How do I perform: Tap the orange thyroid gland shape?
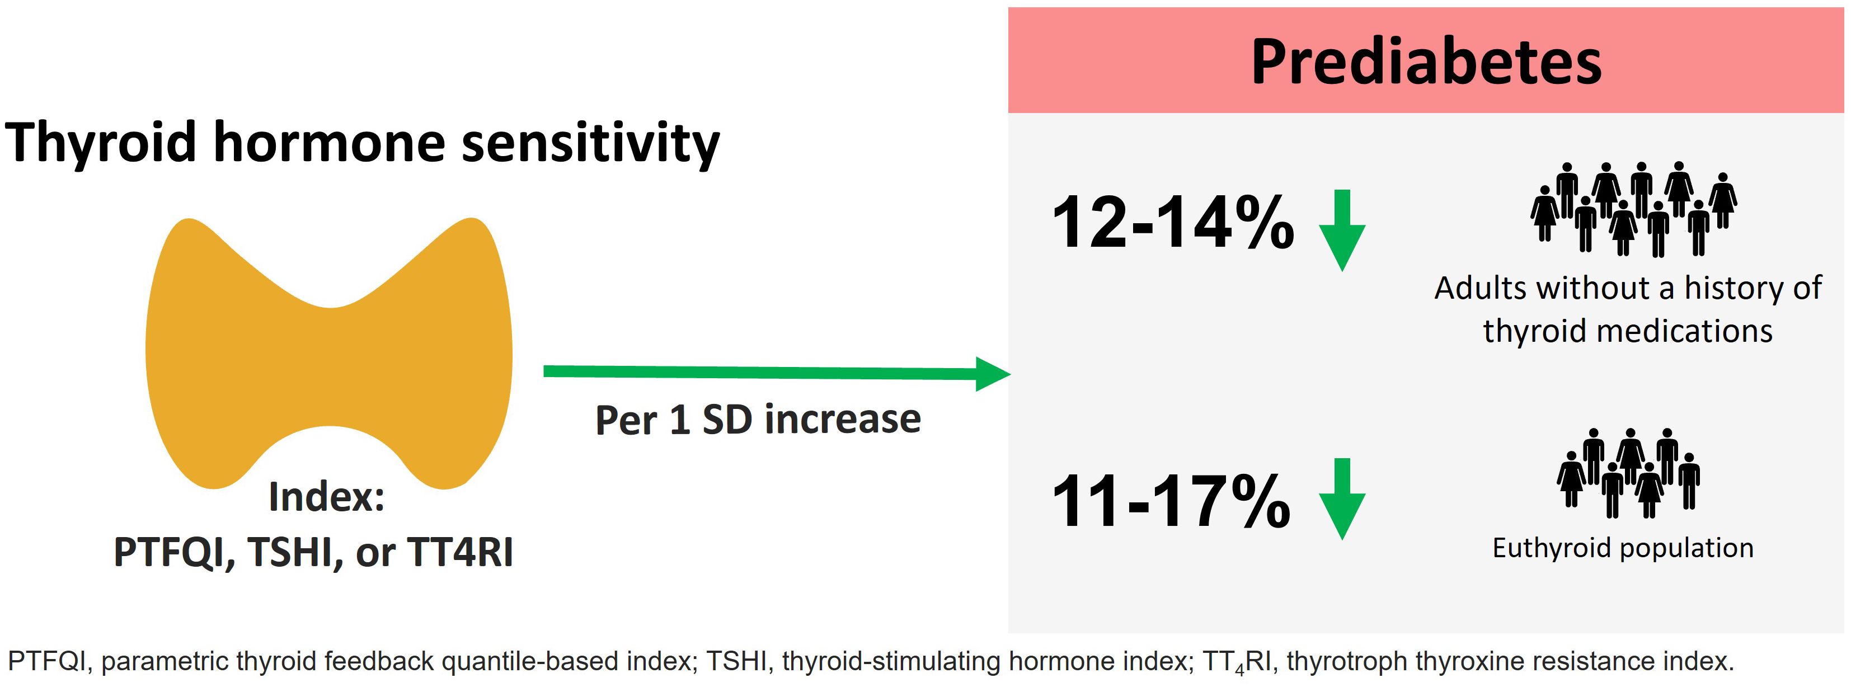[329, 359]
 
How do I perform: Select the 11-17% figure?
[1171, 501]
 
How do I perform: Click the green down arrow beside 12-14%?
[1342, 230]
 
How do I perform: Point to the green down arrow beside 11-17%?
[1342, 498]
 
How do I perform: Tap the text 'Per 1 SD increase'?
[758, 420]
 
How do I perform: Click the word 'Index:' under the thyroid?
[327, 497]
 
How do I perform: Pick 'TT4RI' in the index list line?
[460, 552]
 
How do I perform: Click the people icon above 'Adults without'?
[1634, 209]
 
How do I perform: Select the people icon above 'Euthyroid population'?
[1628, 473]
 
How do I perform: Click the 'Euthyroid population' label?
[1623, 548]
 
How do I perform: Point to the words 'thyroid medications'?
[1628, 331]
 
